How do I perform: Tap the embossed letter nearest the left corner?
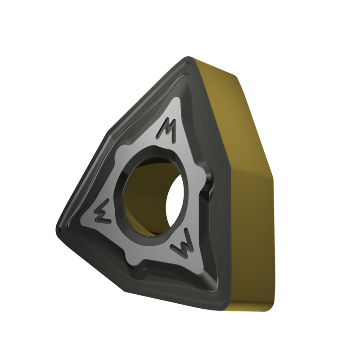103,211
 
